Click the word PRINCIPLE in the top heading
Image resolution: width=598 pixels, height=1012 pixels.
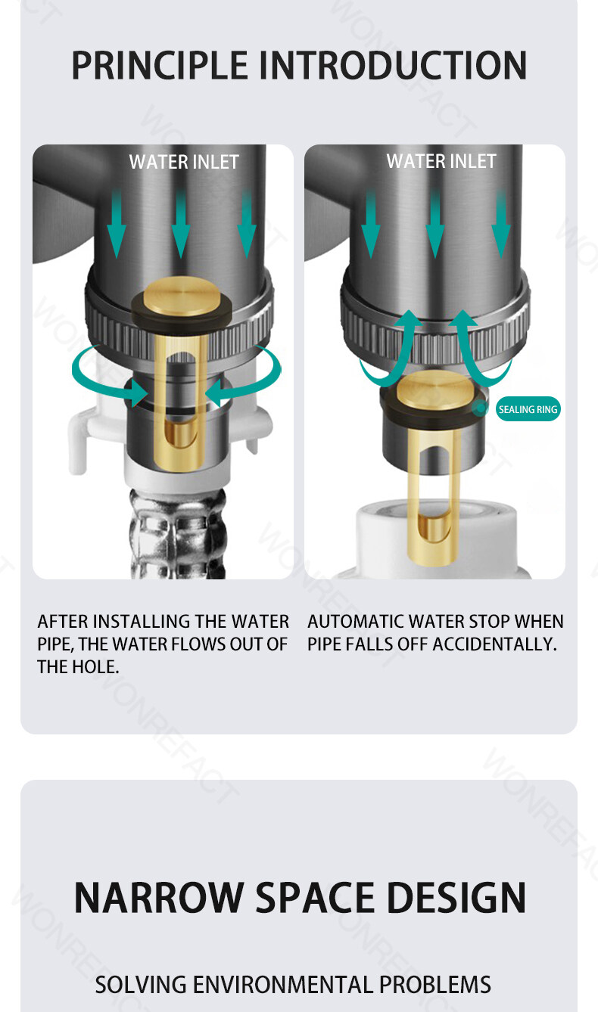pos(159,66)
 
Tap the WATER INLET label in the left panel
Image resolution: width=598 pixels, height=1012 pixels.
pos(184,162)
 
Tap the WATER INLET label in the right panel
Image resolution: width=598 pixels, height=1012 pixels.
pos(441,161)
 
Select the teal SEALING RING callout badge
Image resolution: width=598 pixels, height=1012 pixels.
pos(528,409)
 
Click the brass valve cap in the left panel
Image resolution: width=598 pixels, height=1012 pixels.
pos(182,296)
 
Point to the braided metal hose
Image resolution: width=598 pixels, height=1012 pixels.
pos(177,534)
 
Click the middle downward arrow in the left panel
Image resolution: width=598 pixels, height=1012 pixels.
pos(181,224)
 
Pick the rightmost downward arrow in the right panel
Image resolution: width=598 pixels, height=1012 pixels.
pos(501,224)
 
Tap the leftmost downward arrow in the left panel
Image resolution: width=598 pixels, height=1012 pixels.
pos(116,224)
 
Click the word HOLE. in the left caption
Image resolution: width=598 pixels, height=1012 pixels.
pos(96,667)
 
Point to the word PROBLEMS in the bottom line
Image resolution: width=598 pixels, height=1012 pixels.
pos(434,985)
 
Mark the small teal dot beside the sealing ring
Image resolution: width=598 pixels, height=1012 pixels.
pos(480,408)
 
